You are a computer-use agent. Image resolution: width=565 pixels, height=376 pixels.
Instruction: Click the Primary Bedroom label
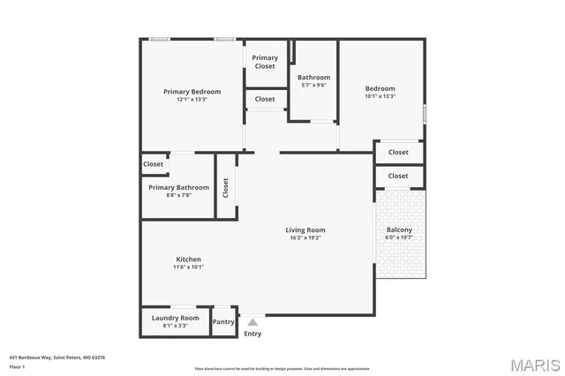tap(192, 92)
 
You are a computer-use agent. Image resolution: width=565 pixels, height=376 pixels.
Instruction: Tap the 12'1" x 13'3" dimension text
tap(192, 100)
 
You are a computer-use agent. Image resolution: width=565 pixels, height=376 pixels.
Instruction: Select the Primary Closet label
tap(265, 62)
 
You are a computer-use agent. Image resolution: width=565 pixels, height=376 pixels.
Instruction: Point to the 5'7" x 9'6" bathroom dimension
tap(313, 86)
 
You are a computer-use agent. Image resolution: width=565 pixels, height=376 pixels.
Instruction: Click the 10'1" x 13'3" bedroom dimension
tap(380, 97)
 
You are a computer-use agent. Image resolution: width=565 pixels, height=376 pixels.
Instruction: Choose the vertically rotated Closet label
tap(226, 187)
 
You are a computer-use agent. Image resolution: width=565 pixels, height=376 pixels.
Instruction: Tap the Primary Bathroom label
tap(178, 187)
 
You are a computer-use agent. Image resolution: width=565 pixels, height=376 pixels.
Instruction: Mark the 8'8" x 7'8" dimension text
tap(178, 195)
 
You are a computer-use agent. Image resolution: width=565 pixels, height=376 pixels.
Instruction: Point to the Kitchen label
tap(188, 259)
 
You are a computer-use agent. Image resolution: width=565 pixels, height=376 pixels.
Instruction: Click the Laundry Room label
tap(176, 318)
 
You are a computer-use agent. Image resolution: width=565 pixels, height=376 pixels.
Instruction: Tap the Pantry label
tap(224, 322)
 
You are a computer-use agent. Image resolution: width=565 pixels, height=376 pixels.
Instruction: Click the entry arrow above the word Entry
tap(252, 322)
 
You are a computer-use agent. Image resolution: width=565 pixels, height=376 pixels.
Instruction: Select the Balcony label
tap(399, 229)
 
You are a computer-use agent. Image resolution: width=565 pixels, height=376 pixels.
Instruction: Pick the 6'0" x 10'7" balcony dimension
tap(399, 237)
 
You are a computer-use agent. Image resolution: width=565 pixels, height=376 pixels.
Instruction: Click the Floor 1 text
tap(18, 365)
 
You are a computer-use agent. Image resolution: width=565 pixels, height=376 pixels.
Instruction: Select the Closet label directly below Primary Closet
tap(265, 99)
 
